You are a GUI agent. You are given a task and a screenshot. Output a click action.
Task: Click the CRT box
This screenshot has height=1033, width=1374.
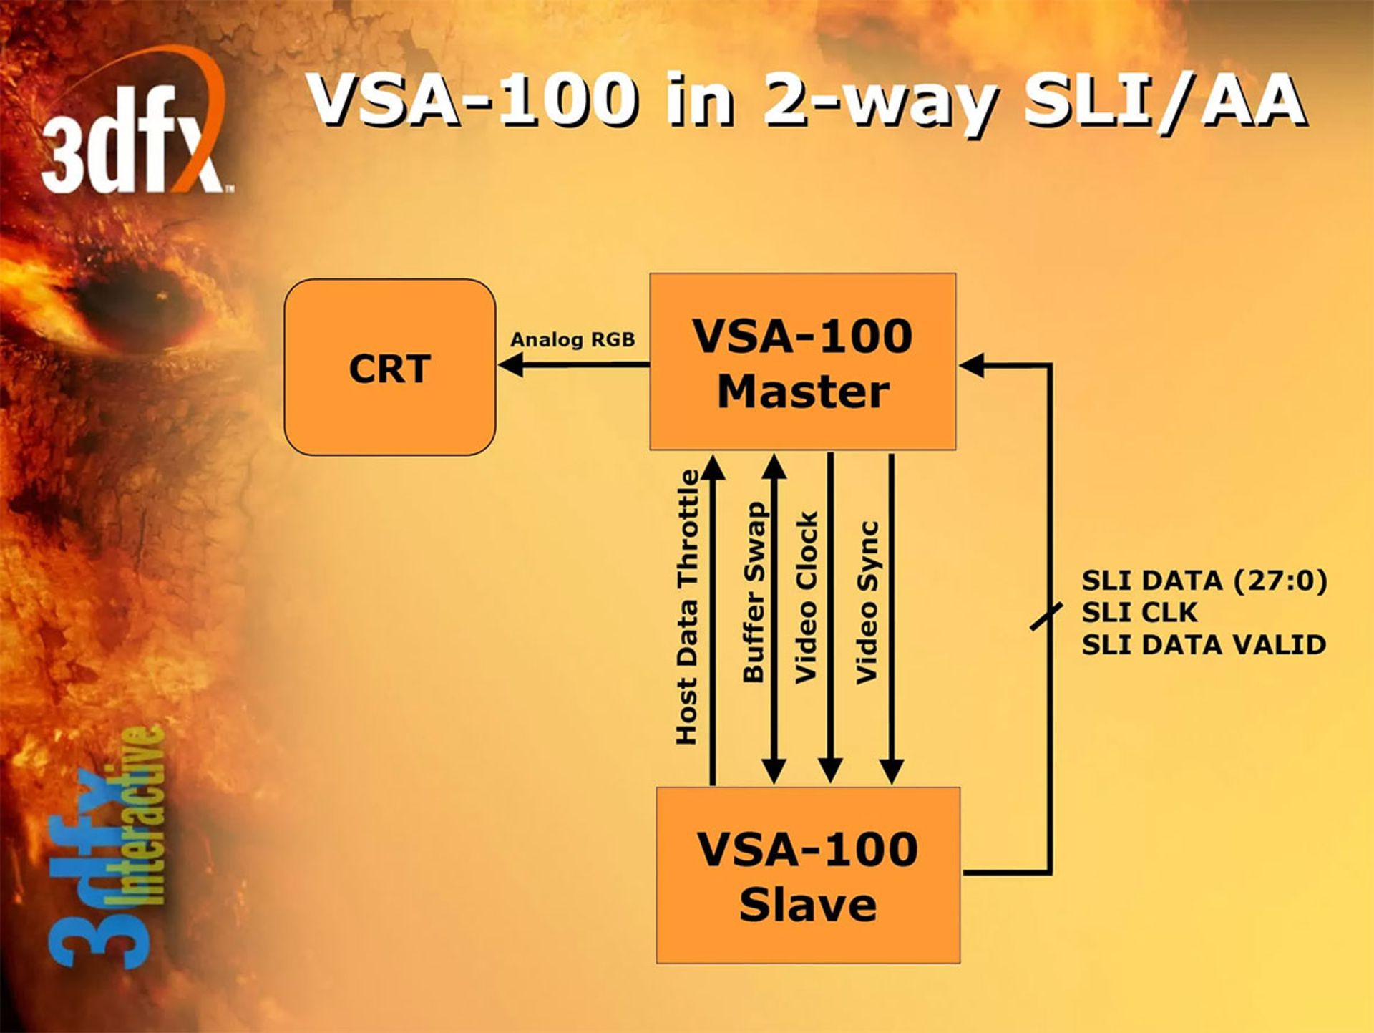tap(389, 367)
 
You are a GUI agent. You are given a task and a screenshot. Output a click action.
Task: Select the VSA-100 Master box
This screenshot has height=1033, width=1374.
tap(802, 362)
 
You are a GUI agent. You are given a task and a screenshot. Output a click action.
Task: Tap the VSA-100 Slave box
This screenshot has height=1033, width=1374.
tap(808, 875)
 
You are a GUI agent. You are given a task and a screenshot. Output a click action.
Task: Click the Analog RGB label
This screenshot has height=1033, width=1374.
tap(572, 339)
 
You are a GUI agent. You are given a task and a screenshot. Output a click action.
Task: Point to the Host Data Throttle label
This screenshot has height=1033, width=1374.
tap(687, 607)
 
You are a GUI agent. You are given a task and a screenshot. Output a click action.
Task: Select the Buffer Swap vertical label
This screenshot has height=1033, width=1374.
tap(755, 592)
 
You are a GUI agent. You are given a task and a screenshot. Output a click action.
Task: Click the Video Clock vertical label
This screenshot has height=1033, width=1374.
tap(807, 597)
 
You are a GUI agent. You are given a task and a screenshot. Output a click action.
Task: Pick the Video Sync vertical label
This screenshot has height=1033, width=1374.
tap(867, 602)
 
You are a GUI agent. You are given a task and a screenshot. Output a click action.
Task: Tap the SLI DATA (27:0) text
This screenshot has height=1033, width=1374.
tap(1204, 581)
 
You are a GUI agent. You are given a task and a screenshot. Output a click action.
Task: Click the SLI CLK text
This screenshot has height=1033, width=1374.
tap(1139, 613)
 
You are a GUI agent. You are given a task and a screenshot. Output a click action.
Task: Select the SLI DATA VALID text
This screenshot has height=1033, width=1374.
tap(1204, 645)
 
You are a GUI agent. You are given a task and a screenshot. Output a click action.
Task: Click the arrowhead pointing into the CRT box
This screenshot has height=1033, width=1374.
tap(510, 365)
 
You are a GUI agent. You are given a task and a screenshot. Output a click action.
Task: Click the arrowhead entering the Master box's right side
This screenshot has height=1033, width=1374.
tap(971, 365)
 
